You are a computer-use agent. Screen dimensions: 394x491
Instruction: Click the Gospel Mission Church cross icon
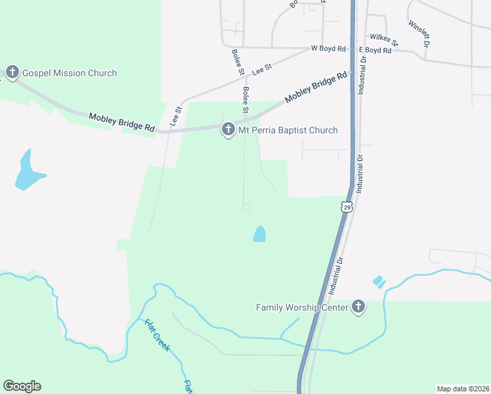click(x=12, y=72)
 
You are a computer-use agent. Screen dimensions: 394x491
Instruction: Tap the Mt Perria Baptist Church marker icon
click(x=228, y=129)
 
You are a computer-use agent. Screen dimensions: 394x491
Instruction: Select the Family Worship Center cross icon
click(x=358, y=306)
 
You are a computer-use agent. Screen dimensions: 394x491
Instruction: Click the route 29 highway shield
click(x=347, y=207)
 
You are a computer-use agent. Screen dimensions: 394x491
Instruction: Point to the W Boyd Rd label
click(x=328, y=49)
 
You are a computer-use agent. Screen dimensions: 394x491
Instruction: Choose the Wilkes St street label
click(x=384, y=40)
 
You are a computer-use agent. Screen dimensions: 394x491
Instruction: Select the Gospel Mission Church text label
click(x=70, y=73)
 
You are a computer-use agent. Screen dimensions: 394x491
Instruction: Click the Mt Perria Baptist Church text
click(x=288, y=130)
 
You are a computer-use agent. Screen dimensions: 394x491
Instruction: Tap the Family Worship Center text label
click(x=303, y=307)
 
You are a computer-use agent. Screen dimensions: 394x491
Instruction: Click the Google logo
click(x=22, y=386)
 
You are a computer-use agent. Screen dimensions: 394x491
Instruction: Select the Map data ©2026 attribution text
click(x=463, y=388)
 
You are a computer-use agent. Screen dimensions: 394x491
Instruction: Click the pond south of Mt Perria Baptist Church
click(x=259, y=234)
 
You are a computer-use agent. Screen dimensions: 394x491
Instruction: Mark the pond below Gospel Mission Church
click(x=28, y=172)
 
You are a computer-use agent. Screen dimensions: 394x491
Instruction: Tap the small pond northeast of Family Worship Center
click(x=379, y=282)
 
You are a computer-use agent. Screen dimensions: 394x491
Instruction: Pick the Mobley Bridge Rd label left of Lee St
click(x=122, y=121)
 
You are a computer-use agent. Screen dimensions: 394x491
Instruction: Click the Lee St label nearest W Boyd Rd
click(x=263, y=66)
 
